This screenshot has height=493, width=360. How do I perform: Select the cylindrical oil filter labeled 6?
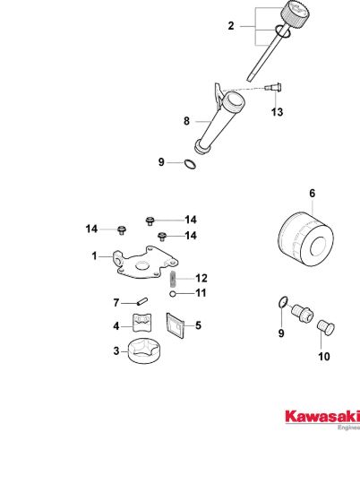(306, 240)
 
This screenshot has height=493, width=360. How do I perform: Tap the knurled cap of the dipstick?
(295, 14)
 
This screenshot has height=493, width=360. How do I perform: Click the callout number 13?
(277, 112)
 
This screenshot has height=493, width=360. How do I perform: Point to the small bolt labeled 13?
(273, 87)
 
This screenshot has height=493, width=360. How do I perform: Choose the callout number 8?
(186, 121)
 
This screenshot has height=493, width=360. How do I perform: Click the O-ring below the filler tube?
(190, 164)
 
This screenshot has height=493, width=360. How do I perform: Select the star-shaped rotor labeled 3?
(145, 350)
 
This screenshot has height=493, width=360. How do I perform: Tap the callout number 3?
(116, 350)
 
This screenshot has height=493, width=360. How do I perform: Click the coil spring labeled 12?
(173, 279)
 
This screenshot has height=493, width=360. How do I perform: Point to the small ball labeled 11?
(172, 294)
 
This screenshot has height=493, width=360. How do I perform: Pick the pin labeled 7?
(142, 301)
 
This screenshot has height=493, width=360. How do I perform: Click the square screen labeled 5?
(175, 325)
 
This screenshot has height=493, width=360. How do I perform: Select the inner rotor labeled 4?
(142, 323)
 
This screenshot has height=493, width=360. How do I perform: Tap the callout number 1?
(94, 256)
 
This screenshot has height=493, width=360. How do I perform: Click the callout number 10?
(324, 357)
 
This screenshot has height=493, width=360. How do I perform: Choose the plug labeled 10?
(325, 327)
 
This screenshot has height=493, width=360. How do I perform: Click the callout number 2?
(231, 26)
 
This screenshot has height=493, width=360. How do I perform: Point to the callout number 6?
(312, 193)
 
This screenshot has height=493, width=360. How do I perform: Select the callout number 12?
(201, 278)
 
